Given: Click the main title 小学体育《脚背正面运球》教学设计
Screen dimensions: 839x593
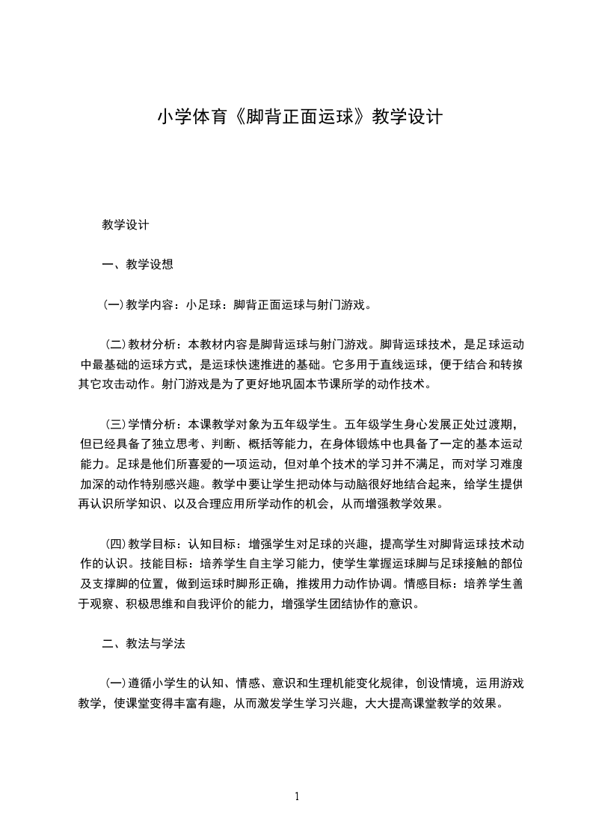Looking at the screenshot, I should point(300,117).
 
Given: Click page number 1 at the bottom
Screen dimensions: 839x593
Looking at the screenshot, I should point(297,796).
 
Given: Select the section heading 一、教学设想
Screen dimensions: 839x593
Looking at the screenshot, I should point(138,264).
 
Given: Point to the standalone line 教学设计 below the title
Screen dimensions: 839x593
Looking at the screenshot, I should point(126,224).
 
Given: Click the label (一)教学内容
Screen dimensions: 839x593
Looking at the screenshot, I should point(135,304).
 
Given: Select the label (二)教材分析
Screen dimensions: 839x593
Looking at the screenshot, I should point(139,345).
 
